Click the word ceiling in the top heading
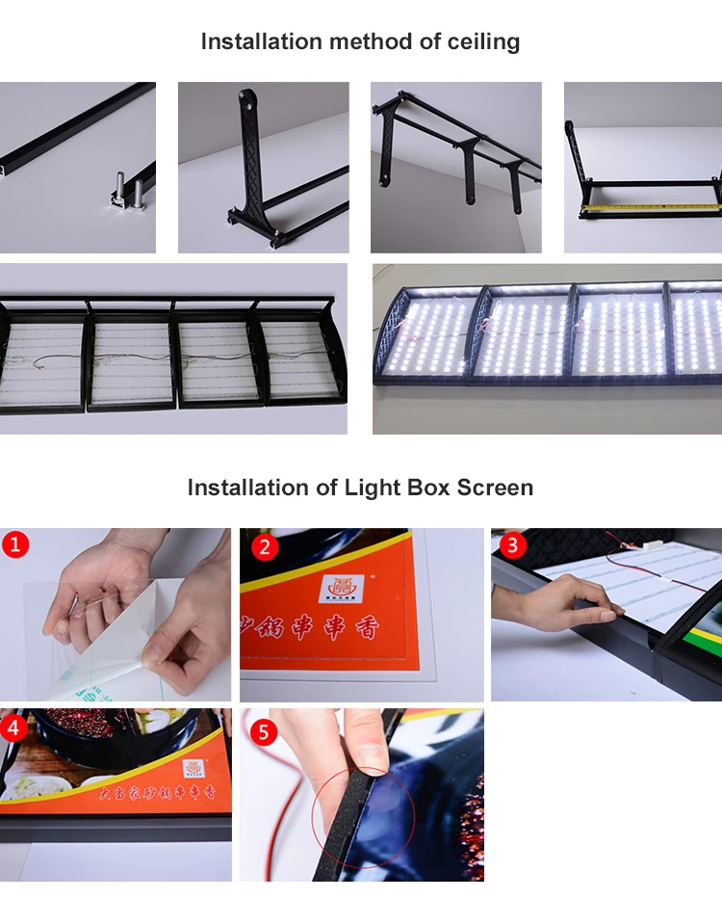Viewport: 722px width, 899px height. pos(483,42)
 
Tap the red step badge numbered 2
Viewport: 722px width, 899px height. pos(264,547)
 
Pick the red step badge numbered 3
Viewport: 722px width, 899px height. pos(511,545)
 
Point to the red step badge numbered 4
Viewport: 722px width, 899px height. pos(13,727)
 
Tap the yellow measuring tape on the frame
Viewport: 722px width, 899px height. pos(650,206)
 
